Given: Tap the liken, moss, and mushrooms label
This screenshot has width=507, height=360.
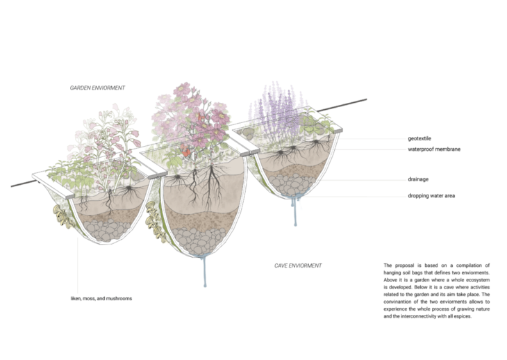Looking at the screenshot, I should [x=96, y=298].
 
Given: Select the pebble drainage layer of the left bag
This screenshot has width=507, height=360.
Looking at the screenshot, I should [x=105, y=226].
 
